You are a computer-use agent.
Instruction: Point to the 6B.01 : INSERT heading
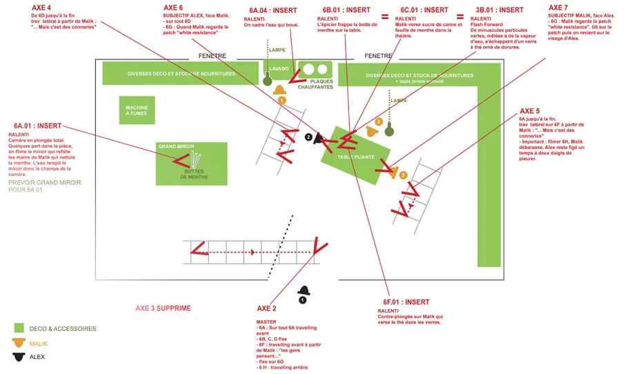click(346, 10)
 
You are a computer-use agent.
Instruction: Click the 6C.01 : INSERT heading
click(424, 10)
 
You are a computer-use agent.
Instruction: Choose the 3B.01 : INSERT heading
click(499, 10)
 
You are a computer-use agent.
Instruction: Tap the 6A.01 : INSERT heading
click(38, 126)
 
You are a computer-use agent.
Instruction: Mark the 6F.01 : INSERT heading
click(406, 302)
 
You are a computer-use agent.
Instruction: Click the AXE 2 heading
click(266, 308)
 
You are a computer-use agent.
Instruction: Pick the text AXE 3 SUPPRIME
click(163, 308)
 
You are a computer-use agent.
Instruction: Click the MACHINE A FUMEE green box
click(137, 110)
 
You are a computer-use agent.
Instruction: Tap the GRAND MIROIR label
click(176, 147)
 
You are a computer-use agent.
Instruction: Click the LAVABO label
click(279, 69)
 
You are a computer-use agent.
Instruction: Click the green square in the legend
click(19, 328)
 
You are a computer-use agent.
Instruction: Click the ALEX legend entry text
click(37, 357)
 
